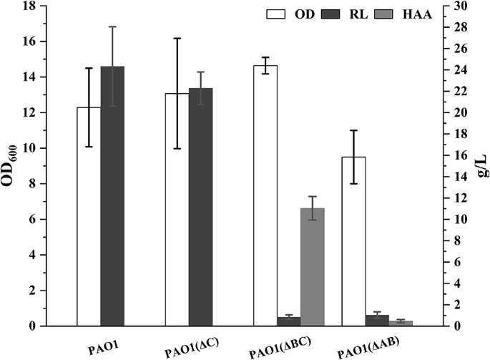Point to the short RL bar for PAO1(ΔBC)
289,321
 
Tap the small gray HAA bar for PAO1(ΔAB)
401,323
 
